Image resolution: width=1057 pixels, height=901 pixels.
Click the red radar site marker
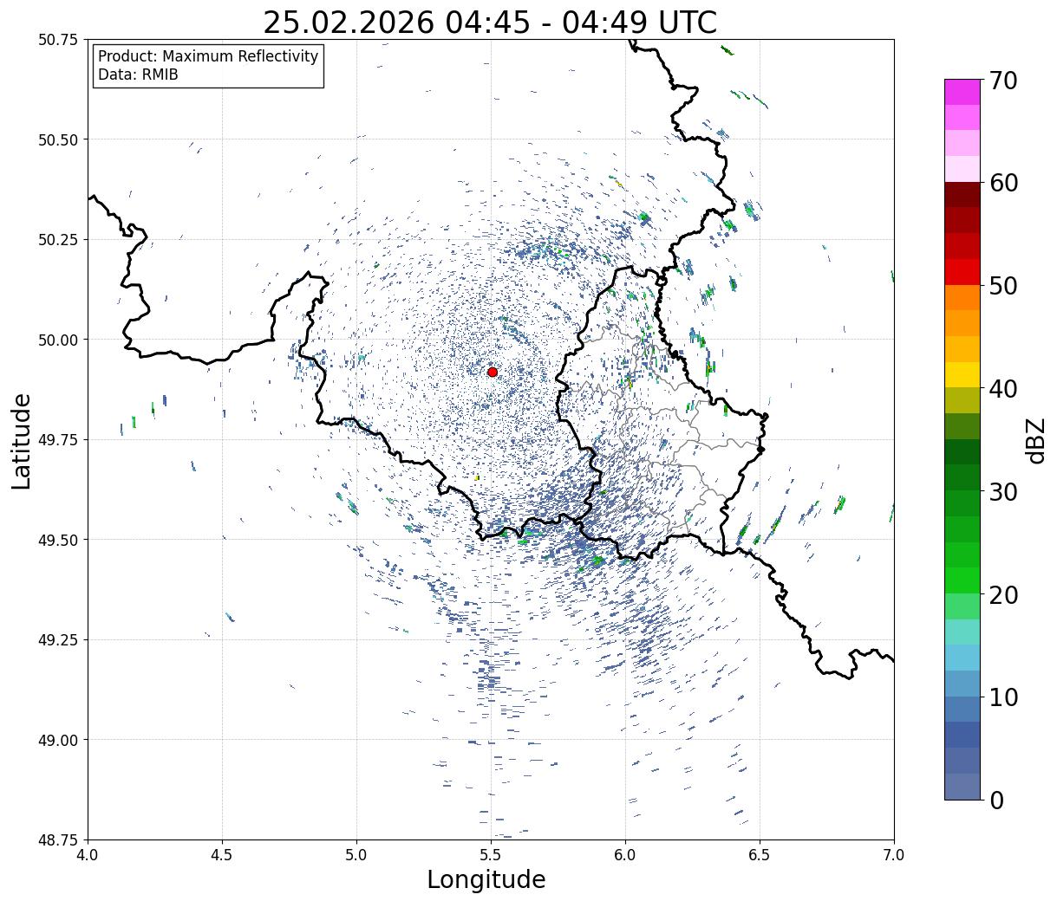pos(493,372)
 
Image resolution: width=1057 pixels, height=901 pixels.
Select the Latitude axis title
pos(22,440)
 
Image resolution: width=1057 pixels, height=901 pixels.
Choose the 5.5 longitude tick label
pos(491,855)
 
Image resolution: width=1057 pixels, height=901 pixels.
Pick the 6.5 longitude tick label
pos(760,855)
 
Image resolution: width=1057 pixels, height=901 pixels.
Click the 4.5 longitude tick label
pos(222,855)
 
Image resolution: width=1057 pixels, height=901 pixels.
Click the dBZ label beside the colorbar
pos(1035,440)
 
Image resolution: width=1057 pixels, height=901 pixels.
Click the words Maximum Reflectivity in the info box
pos(238,56)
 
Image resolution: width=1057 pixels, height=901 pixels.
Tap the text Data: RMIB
pos(138,75)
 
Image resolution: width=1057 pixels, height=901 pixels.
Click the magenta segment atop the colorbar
pos(962,92)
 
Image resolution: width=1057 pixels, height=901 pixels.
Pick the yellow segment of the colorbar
pos(962,374)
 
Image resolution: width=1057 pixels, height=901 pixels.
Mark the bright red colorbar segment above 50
pos(962,272)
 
